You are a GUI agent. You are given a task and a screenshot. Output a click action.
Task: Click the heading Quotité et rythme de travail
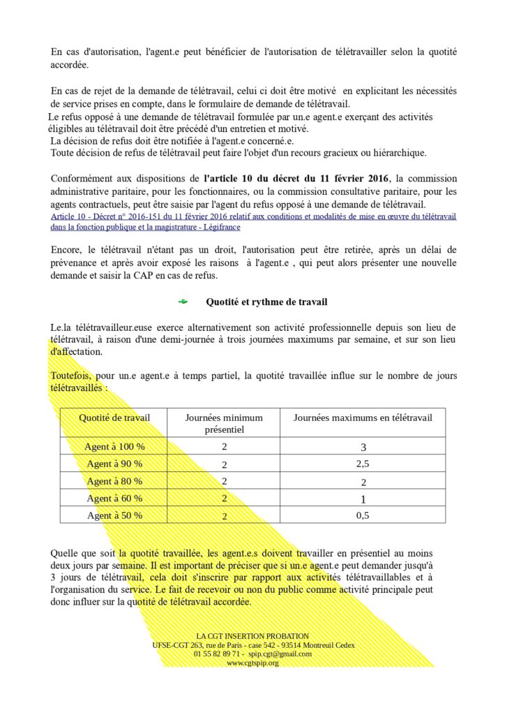pos(266,302)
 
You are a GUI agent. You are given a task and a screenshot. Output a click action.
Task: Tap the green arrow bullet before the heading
pos(183,302)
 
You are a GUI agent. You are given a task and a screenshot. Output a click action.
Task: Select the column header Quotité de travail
pos(114,418)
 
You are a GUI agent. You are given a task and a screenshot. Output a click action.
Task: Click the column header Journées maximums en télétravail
pos(363,418)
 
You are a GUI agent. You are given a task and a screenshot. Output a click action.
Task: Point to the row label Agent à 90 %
pos(114,464)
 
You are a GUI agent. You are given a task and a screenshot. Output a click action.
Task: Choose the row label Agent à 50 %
pos(114,515)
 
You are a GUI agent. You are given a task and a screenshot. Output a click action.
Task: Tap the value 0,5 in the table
pos(363,516)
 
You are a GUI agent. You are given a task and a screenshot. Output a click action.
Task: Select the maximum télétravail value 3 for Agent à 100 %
pos(363,448)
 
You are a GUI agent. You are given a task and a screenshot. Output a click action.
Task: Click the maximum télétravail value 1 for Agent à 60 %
pos(363,499)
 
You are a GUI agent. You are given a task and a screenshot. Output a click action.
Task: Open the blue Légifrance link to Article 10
pos(253,222)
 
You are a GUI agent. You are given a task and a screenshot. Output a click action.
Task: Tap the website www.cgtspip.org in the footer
pos(252,663)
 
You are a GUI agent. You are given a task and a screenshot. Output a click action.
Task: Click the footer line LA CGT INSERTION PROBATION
pos(252,636)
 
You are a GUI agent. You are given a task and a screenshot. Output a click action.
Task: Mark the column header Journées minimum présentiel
pos(224,423)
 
